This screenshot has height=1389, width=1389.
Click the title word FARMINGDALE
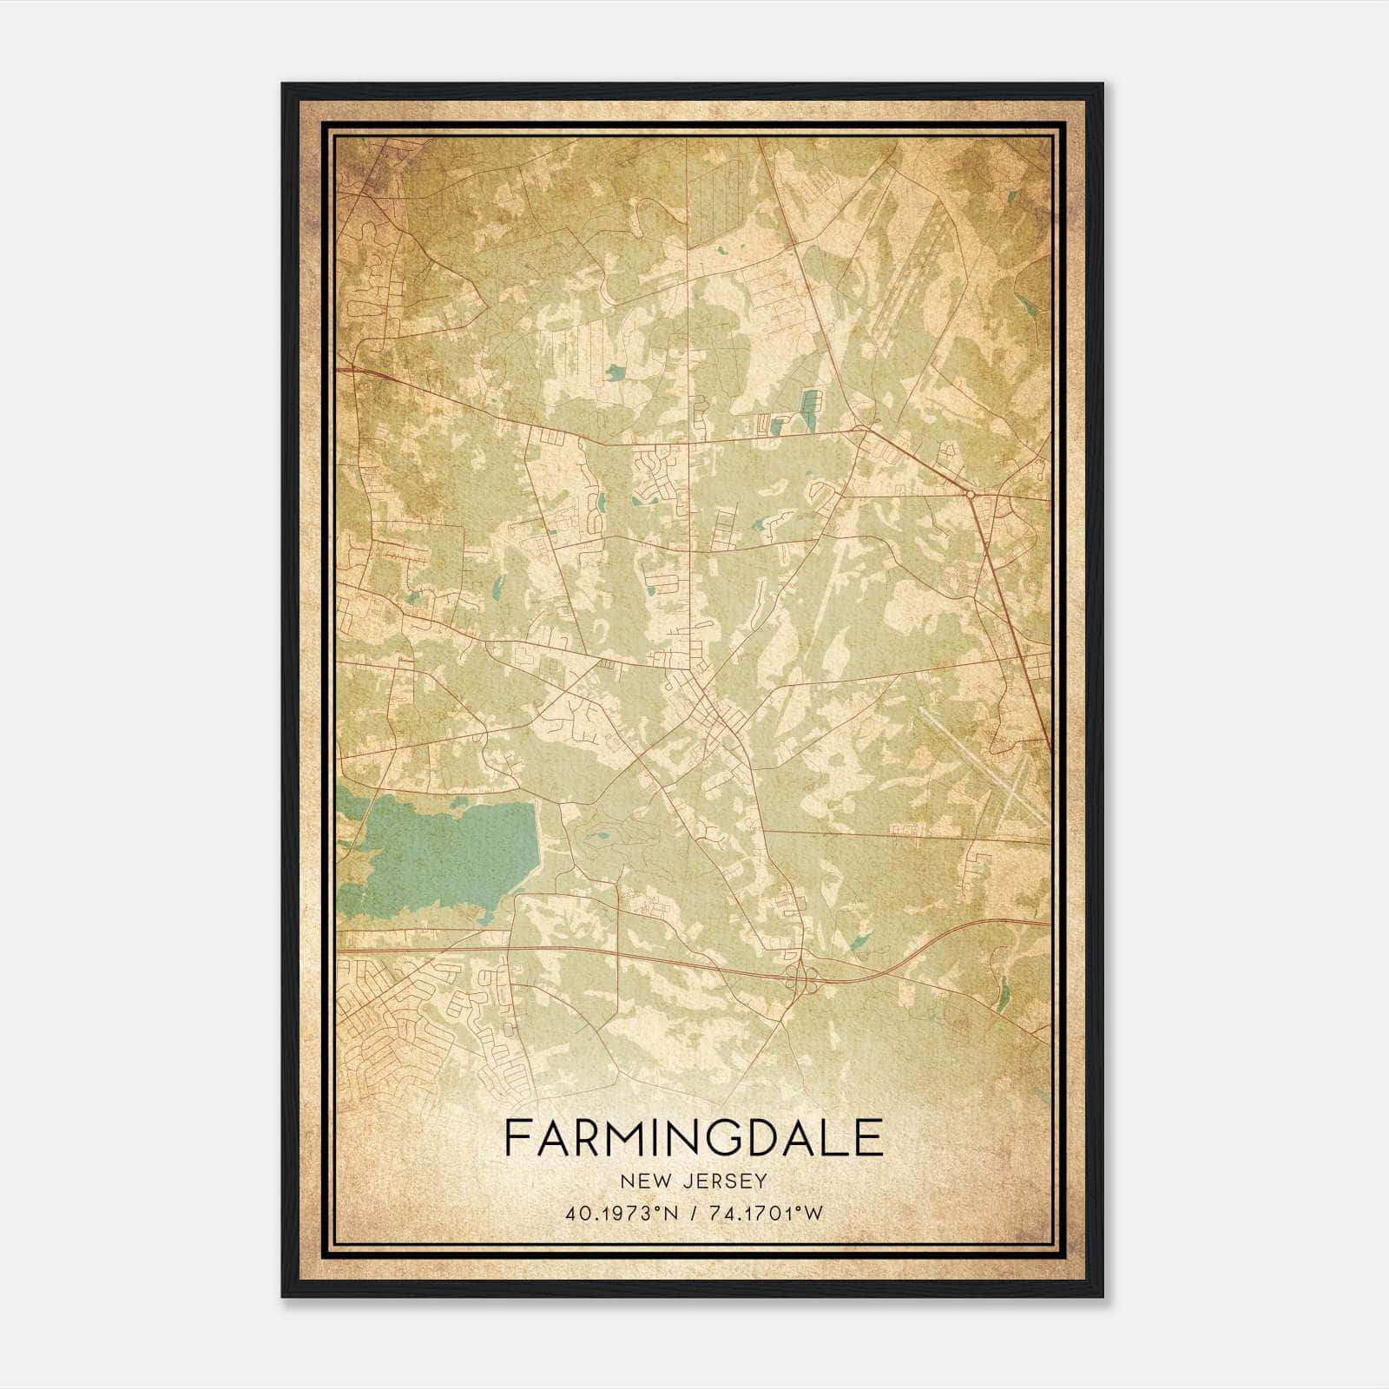(693, 1138)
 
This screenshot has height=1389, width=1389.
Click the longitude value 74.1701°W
(765, 1214)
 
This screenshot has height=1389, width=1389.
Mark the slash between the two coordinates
(693, 1214)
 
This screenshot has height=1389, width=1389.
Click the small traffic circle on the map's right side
(970, 494)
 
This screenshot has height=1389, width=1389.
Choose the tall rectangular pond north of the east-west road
(810, 410)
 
